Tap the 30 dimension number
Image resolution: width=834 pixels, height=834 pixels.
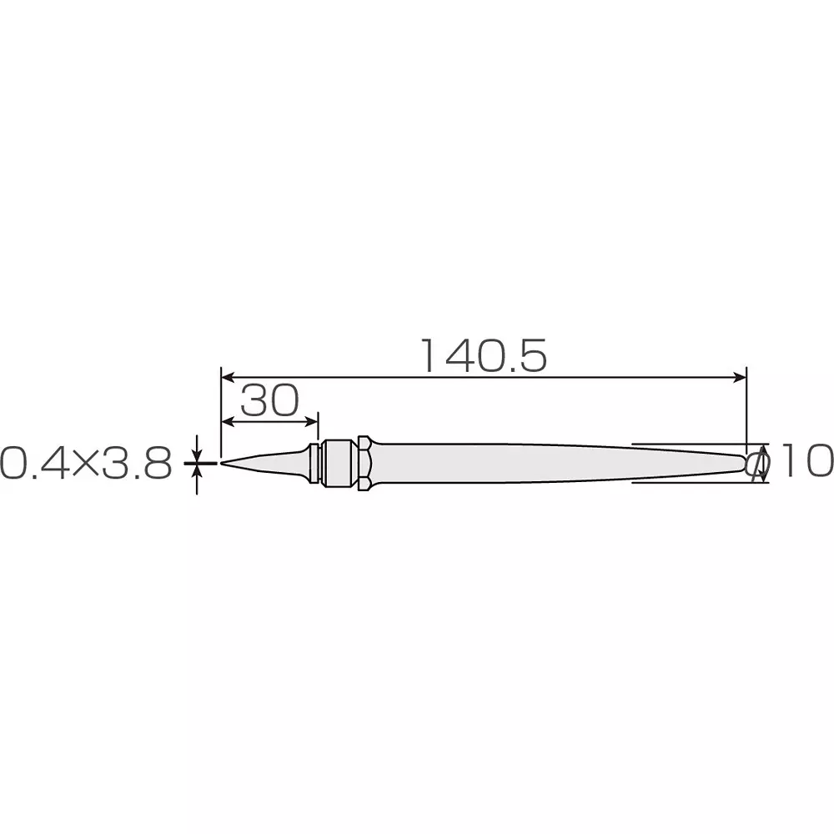click(x=269, y=402)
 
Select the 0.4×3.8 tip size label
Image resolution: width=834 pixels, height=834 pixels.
click(x=86, y=463)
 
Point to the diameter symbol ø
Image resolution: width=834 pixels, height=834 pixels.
click(x=758, y=464)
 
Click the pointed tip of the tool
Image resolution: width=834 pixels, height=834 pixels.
click(x=223, y=463)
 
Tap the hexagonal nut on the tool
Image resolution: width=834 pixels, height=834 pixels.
click(x=364, y=462)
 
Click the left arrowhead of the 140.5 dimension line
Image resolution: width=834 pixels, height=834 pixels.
click(x=226, y=376)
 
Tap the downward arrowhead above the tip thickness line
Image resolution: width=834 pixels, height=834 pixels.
click(x=198, y=455)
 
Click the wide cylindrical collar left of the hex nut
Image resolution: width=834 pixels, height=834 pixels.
click(x=339, y=462)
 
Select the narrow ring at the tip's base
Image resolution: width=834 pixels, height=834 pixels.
click(x=314, y=462)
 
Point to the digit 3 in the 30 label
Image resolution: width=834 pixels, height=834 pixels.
click(x=254, y=402)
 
